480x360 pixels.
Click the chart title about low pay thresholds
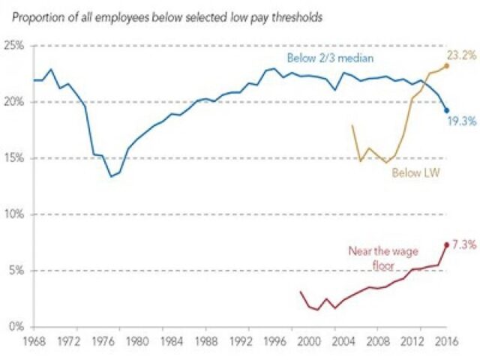[167, 16]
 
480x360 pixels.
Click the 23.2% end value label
[462, 55]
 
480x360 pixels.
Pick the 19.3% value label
[462, 120]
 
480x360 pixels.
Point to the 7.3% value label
[463, 244]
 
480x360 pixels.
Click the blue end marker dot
[446, 110]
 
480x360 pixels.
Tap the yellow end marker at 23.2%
[446, 65]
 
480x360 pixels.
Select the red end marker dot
[446, 244]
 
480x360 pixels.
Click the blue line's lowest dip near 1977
[110, 176]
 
